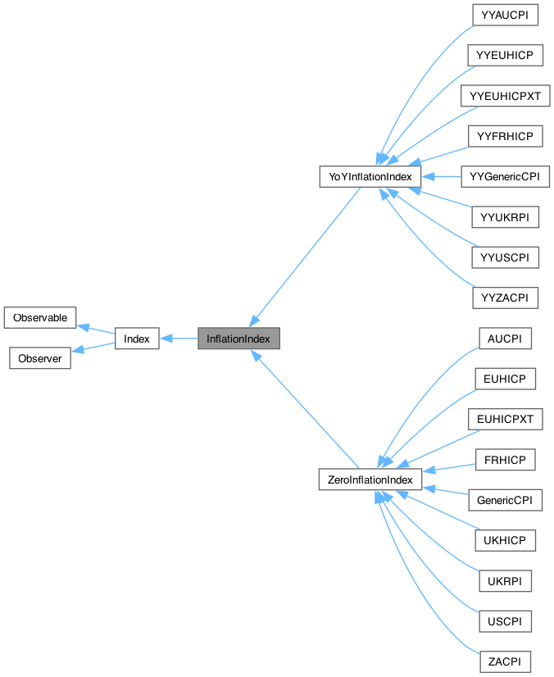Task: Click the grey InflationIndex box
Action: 238,338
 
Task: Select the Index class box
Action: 137,338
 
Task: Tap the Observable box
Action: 40,317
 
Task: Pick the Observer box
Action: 40,359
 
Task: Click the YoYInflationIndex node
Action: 370,176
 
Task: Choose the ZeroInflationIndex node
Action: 370,479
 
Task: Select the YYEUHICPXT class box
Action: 505,96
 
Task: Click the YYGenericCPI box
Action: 505,176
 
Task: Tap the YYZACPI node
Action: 505,298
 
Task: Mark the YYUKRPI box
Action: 505,217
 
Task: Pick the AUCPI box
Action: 505,338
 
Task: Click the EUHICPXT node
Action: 505,420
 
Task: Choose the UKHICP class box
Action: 505,541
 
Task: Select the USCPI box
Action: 505,621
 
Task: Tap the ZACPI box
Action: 505,661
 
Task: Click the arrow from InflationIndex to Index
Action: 179,338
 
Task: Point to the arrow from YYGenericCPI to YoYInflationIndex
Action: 443,176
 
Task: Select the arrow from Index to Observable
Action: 96,329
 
